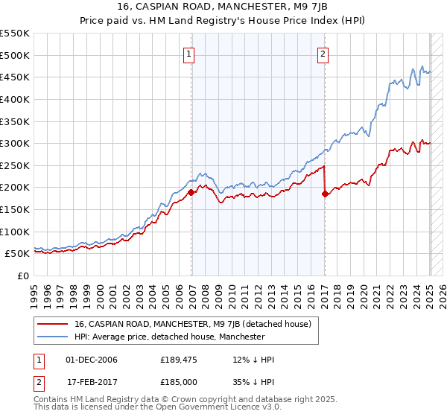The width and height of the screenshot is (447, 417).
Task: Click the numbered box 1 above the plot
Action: tap(189, 54)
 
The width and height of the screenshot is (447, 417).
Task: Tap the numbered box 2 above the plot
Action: tap(323, 54)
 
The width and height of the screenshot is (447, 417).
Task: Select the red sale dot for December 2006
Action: tap(191, 192)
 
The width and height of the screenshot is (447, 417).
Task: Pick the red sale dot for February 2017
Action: tap(326, 194)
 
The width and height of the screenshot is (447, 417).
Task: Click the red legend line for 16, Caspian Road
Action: tap(53, 324)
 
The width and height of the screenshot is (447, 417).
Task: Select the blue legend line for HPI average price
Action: tap(53, 337)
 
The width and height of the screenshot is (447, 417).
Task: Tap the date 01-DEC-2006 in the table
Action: tap(92, 360)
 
